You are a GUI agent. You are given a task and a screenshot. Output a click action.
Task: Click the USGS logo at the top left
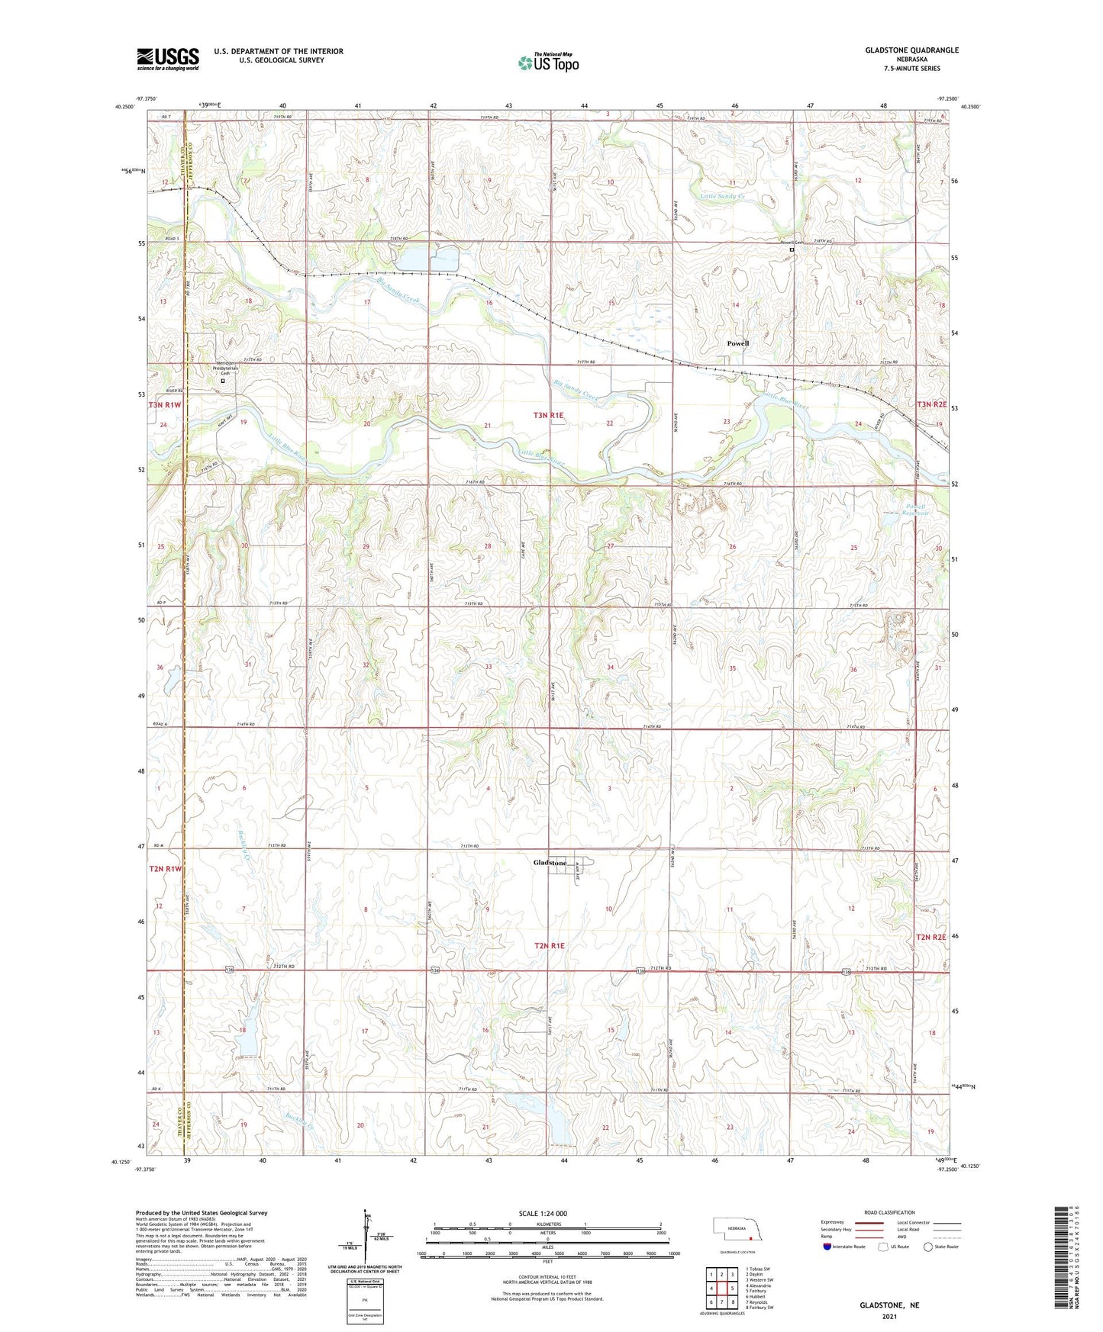[168, 58]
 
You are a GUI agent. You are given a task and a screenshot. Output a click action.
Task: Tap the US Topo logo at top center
[548, 62]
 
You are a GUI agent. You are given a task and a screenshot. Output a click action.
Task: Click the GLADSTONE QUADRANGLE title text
[911, 50]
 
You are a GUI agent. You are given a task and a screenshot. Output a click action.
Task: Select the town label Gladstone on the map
[550, 863]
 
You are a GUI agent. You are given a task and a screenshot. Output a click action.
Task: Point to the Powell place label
[737, 343]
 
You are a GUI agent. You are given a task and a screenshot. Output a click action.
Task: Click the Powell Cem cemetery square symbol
[792, 249]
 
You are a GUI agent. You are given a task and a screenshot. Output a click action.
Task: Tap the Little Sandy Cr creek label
[722, 196]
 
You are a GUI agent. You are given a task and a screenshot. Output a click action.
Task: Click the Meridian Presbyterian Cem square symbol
[223, 380]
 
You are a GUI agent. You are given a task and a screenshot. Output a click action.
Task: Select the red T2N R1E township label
[549, 946]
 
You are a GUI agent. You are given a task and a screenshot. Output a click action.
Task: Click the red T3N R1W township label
[165, 405]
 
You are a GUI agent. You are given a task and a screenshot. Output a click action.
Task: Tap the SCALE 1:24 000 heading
[542, 1213]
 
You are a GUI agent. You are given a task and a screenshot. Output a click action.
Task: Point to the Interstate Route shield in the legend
[828, 1247]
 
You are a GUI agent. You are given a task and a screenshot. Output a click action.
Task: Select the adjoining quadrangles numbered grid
[721, 1289]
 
